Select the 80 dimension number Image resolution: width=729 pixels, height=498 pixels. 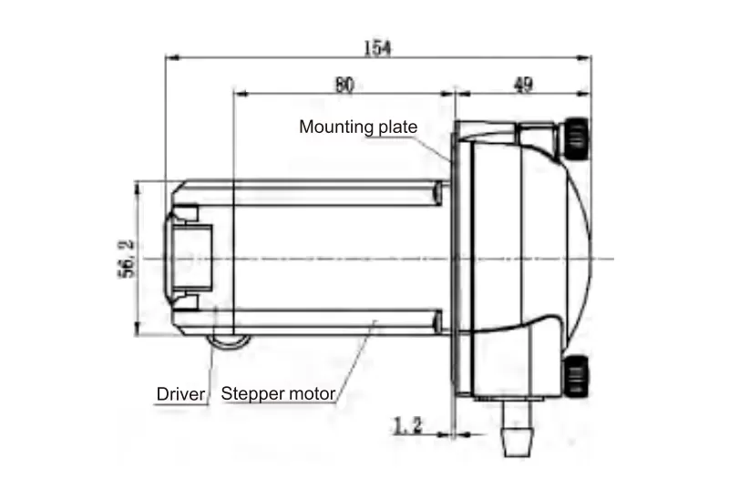tap(344, 85)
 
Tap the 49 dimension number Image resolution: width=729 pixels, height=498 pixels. tap(523, 85)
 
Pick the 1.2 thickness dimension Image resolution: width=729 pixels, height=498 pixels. tap(407, 423)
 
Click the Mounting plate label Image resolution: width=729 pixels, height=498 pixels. tap(358, 127)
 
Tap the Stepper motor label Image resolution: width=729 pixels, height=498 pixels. tap(279, 394)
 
